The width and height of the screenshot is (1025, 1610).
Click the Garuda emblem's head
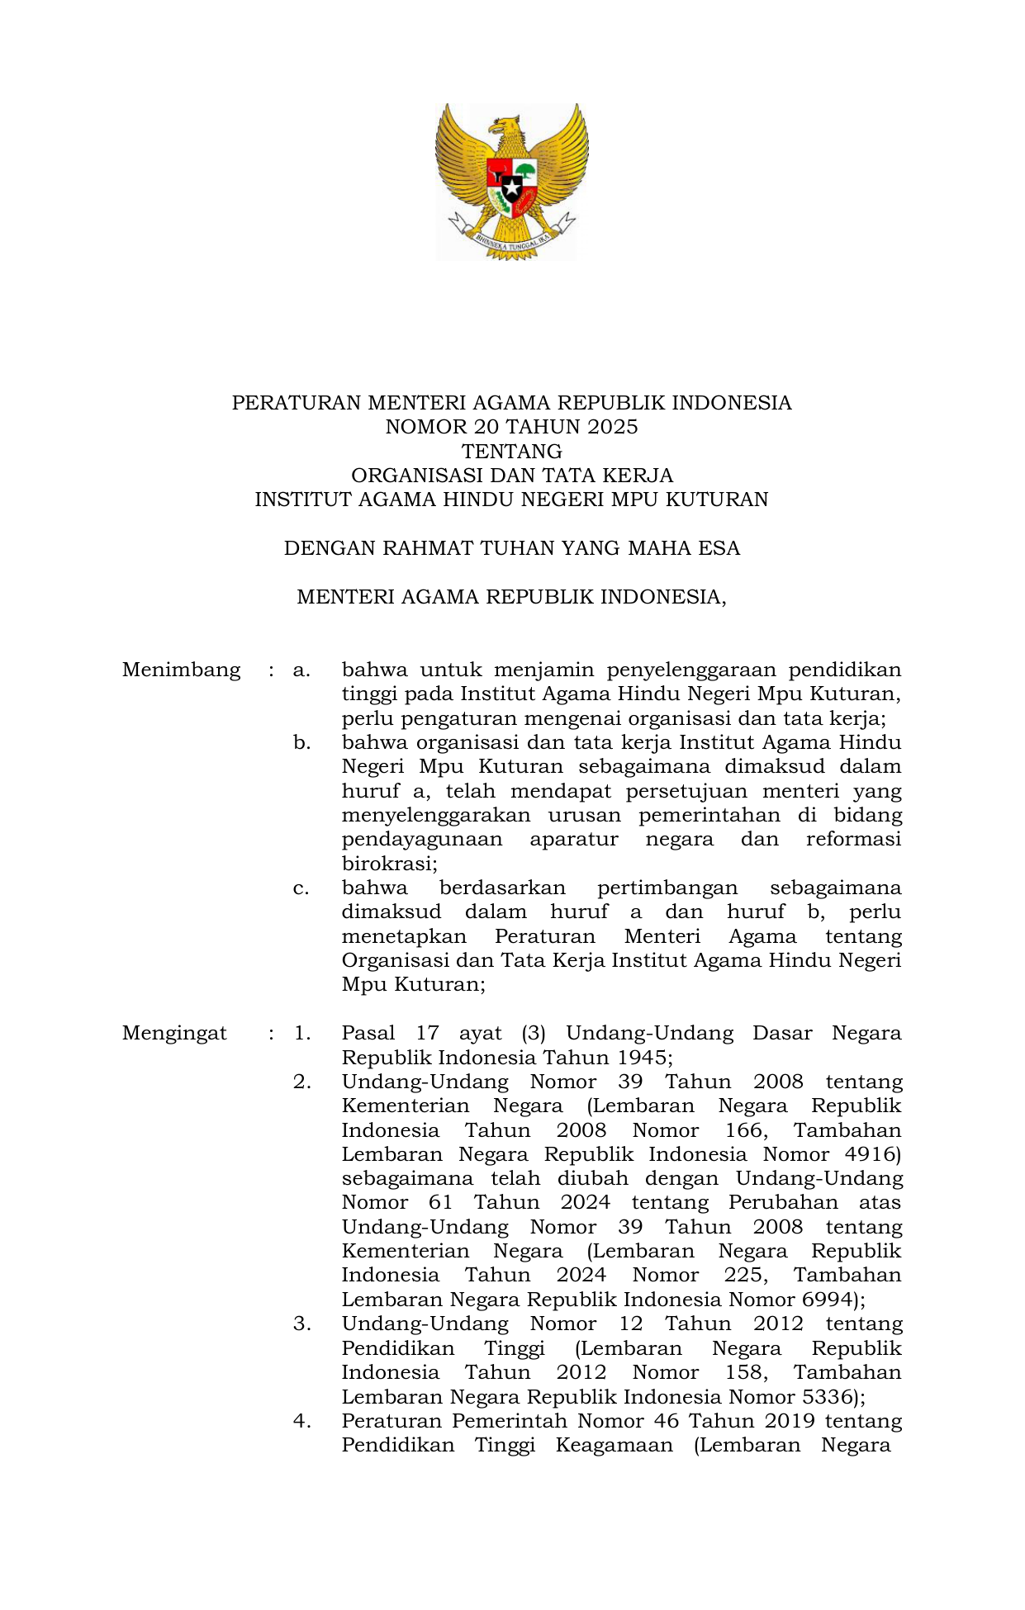505,127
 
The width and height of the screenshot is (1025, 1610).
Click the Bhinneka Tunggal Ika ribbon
512,239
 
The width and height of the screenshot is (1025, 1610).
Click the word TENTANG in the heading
512,452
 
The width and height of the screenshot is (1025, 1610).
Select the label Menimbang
182,670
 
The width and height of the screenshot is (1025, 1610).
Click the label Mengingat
174,1033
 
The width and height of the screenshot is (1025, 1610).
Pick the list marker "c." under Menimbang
301,888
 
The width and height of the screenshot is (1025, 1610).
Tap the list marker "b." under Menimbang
301,743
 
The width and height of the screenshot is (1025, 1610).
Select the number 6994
828,1300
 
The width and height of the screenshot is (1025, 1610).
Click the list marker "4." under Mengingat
301,1421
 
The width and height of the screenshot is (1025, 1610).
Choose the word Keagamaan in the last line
614,1445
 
